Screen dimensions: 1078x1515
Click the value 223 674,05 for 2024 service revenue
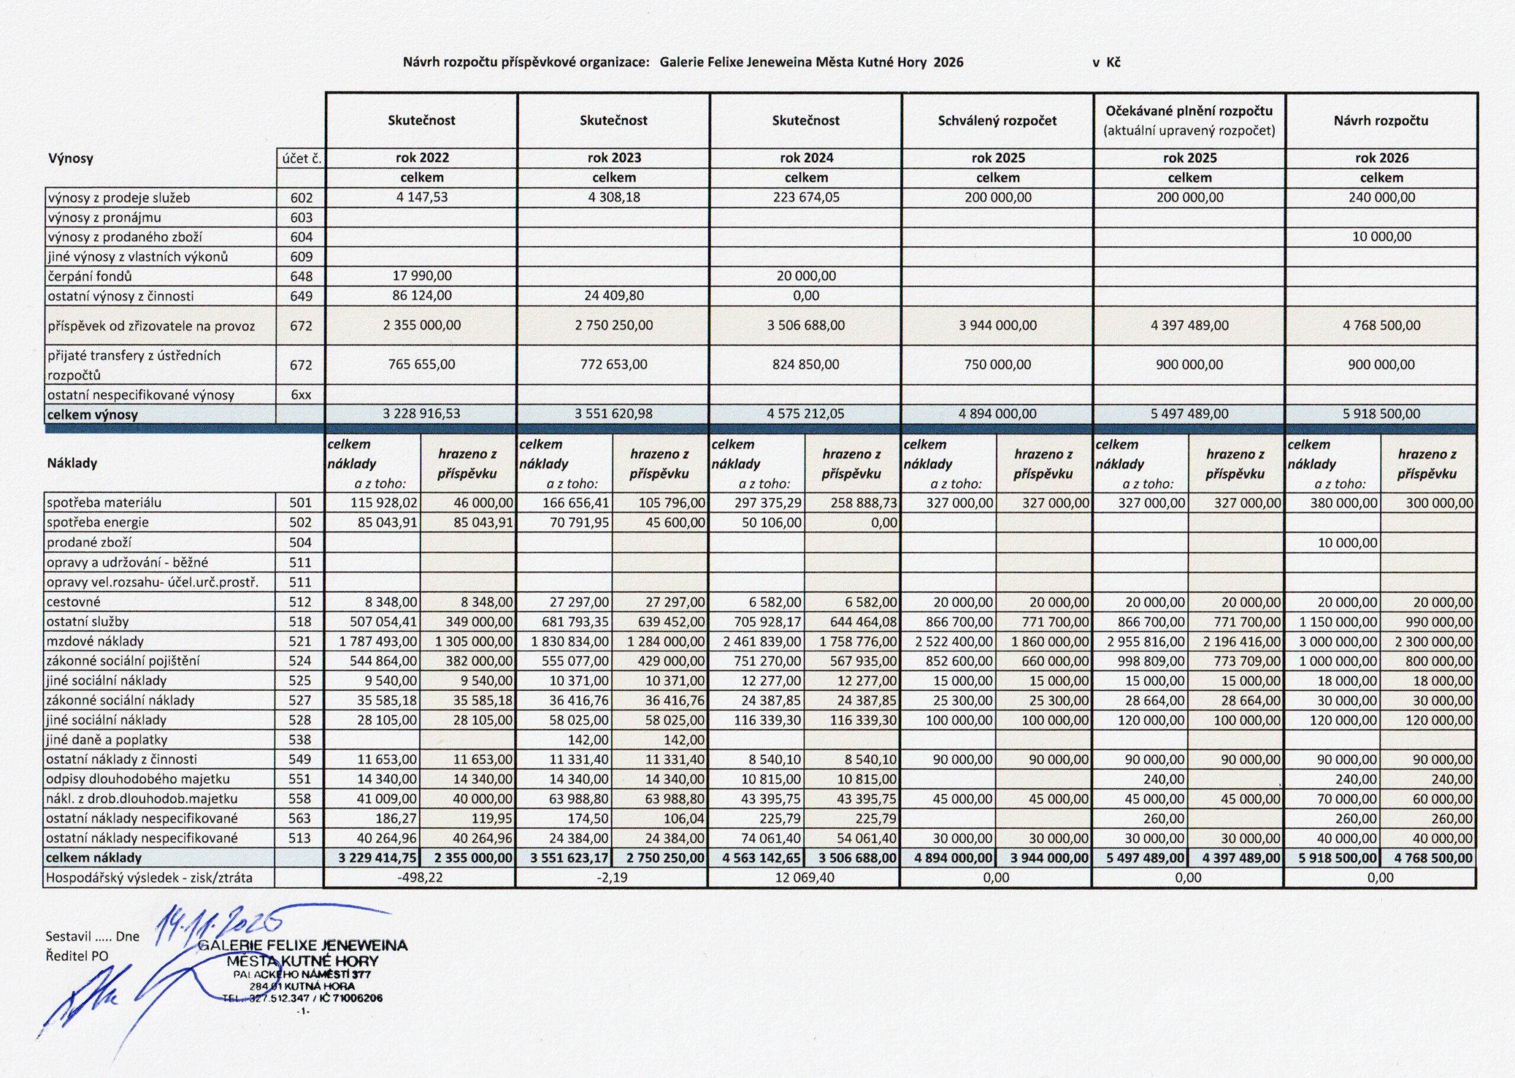tap(806, 197)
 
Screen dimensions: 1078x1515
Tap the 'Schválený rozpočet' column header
tap(997, 121)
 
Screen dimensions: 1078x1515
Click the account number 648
tap(301, 276)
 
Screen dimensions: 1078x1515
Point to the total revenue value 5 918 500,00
tap(1381, 414)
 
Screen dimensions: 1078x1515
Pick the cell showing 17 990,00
tap(421, 276)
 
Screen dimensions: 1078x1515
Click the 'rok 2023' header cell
tap(614, 158)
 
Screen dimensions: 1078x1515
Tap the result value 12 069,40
tap(805, 877)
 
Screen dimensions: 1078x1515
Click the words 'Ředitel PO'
tap(76, 957)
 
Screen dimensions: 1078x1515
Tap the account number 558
tap(301, 799)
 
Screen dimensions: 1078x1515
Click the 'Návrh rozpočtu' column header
tap(1381, 121)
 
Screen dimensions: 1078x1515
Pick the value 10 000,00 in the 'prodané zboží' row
tap(1348, 543)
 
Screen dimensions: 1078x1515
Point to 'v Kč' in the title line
tap(1106, 62)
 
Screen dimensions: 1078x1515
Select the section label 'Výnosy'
tap(70, 159)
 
